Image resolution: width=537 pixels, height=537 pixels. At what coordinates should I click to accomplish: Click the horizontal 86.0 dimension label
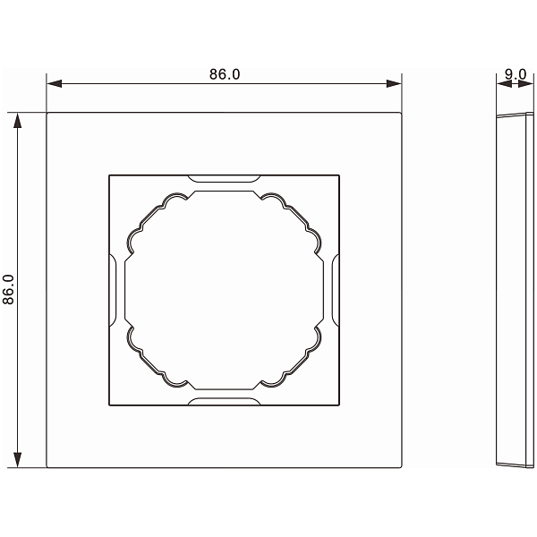[x=225, y=74]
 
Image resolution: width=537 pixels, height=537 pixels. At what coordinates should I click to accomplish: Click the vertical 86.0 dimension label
[x=8, y=289]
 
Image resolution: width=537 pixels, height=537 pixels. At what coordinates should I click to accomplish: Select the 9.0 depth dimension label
[x=516, y=74]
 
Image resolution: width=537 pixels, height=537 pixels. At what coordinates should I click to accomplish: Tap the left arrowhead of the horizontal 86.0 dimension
[x=54, y=83]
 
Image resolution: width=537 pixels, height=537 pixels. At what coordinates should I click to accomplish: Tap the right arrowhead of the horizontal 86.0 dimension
[x=394, y=83]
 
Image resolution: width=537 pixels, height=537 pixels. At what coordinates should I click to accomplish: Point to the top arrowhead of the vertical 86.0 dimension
[x=18, y=120]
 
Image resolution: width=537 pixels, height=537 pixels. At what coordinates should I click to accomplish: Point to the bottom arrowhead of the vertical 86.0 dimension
[x=18, y=460]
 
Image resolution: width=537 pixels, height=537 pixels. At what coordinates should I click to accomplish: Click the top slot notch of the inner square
[x=224, y=178]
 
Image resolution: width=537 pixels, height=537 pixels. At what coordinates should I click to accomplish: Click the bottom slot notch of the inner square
[x=224, y=402]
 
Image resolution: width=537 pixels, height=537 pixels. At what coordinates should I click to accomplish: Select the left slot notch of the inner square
[x=113, y=290]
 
